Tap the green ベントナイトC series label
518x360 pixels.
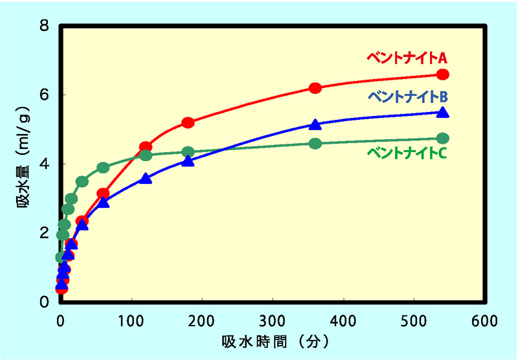[x=407, y=153]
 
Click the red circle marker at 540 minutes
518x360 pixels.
[x=443, y=74]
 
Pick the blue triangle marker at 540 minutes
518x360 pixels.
[x=443, y=112]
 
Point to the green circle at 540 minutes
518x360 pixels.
[x=443, y=139]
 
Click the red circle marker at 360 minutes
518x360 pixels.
[x=315, y=88]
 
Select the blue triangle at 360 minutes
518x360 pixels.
[x=315, y=124]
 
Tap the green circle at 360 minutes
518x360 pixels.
[x=315, y=143]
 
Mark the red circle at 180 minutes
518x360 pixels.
[x=188, y=122]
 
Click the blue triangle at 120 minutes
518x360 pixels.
[x=146, y=178]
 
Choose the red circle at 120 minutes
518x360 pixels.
[x=146, y=147]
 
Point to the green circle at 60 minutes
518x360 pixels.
[x=103, y=168]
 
